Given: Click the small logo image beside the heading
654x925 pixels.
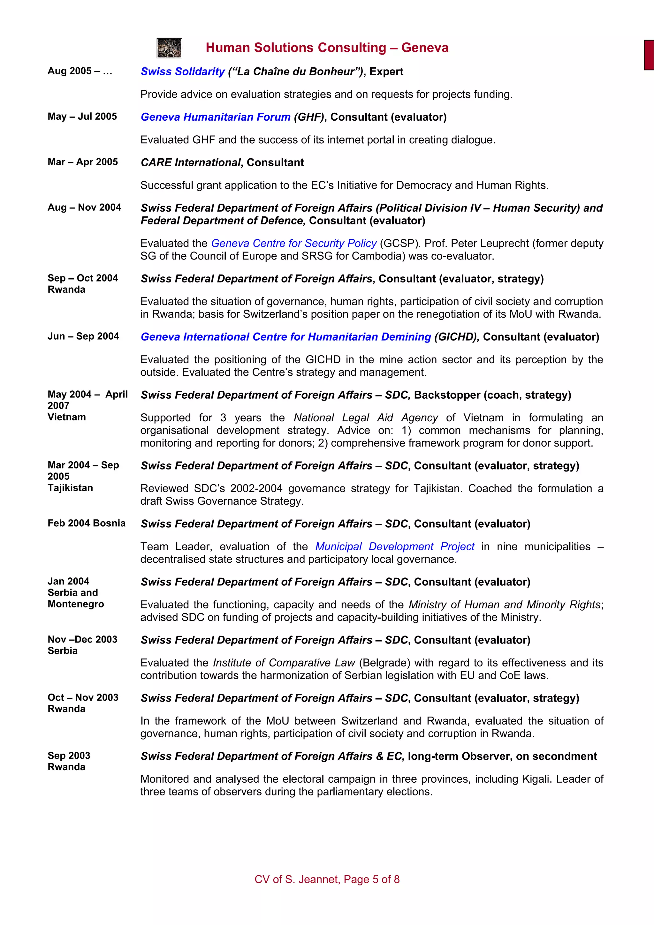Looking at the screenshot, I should click(169, 48).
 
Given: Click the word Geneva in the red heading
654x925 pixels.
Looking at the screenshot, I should click(425, 48).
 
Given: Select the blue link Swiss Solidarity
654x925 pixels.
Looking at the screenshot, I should click(183, 72).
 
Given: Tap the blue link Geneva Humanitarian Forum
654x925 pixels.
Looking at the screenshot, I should click(216, 117).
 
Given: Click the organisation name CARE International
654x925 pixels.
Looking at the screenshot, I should click(191, 163).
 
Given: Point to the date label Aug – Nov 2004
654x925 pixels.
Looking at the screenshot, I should click(84, 207).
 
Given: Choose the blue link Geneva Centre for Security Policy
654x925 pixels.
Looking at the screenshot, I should click(294, 243).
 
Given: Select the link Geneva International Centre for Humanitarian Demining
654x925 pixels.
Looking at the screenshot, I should click(286, 337).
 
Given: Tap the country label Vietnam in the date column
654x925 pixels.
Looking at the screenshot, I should click(66, 417).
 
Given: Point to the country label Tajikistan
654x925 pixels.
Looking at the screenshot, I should click(70, 488).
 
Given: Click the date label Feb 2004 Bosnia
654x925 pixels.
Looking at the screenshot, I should click(86, 523).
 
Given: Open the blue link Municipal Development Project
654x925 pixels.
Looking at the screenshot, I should click(394, 547).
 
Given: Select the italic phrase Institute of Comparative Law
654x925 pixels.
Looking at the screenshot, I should click(284, 663).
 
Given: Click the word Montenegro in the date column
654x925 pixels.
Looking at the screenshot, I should click(76, 604).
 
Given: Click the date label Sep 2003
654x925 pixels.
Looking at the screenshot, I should click(69, 756).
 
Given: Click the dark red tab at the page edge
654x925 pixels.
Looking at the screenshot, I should click(649, 55).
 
